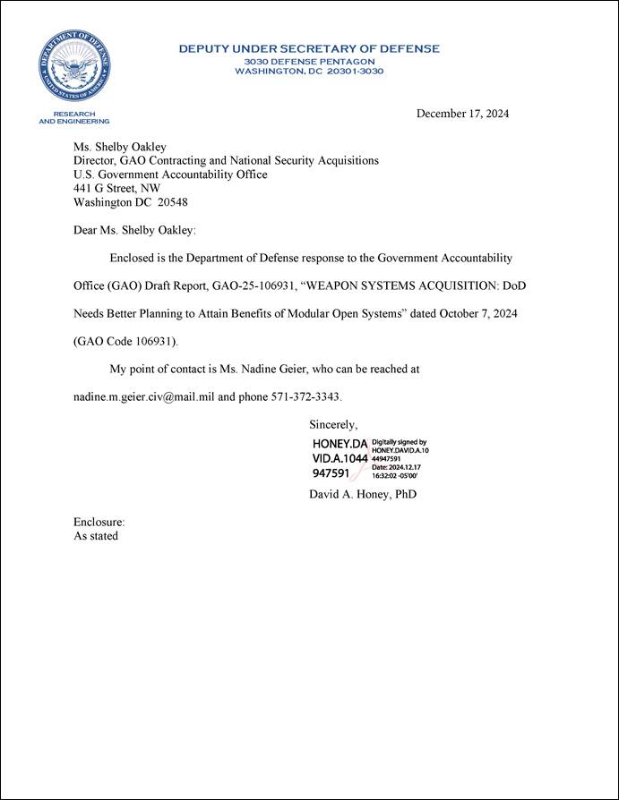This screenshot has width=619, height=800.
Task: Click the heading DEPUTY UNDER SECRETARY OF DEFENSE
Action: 309,48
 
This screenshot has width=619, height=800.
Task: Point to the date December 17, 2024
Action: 462,114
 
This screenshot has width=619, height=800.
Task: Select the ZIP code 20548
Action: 172,202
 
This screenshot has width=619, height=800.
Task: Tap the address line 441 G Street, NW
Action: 116,189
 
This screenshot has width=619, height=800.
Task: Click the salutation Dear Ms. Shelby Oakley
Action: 134,230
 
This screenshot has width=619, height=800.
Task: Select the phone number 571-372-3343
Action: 306,396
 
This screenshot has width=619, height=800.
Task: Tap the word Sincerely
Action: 333,424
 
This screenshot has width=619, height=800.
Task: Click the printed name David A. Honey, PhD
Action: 362,494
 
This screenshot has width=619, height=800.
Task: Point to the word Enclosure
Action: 99,522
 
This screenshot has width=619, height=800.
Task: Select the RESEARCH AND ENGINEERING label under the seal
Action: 74,117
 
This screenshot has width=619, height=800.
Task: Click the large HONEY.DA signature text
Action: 340,444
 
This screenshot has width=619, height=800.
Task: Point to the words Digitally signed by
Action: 400,442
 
